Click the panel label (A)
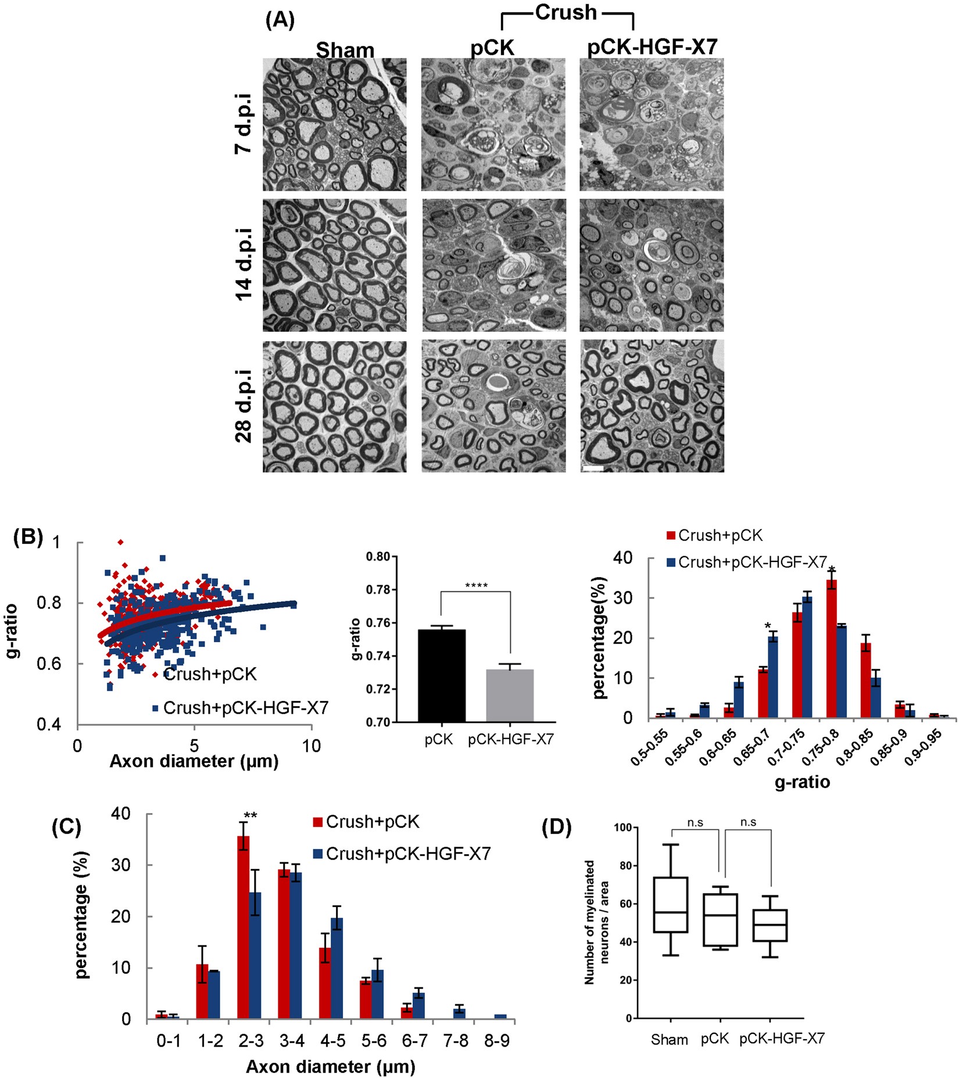click(280, 21)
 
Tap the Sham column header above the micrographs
click(345, 50)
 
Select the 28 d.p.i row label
click(244, 406)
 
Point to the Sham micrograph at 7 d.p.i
click(334, 124)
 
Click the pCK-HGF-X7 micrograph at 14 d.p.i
click(652, 266)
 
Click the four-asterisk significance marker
click(476, 585)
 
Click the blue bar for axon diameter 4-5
click(336, 969)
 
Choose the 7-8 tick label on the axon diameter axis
click(456, 1041)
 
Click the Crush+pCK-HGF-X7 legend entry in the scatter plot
click(239, 708)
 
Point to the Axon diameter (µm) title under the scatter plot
click(194, 761)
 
